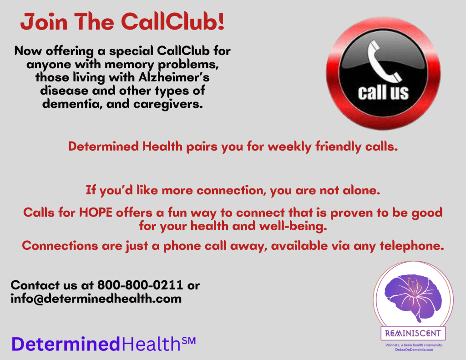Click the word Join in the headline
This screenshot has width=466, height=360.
tap(44, 22)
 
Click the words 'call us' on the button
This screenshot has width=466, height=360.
tap(383, 92)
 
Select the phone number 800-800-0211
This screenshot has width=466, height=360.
tap(140, 285)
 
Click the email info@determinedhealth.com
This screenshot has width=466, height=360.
tap(96, 299)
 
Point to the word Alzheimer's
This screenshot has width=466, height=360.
tap(174, 77)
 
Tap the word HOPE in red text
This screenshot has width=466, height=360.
tap(96, 213)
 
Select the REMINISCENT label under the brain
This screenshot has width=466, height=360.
tap(413, 333)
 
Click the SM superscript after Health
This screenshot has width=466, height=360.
tap(188, 341)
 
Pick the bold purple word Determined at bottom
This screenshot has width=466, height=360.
tap(66, 344)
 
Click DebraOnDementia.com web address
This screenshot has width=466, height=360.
tap(414, 350)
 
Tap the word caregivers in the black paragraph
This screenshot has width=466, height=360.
tap(168, 104)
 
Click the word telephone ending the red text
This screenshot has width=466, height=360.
tap(411, 246)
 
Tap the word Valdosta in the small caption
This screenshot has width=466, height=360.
tap(392, 345)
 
